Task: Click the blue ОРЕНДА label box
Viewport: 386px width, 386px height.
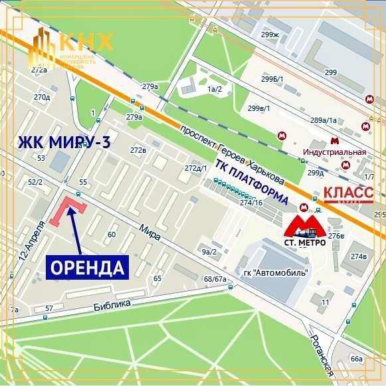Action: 87,268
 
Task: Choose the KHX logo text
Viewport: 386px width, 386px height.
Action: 86,41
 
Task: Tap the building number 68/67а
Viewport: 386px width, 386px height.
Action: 215,279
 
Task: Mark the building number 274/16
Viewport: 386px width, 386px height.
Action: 252,203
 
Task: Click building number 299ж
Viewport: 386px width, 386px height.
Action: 270,35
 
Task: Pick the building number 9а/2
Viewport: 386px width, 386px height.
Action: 209,252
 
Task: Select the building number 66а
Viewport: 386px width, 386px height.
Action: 357,359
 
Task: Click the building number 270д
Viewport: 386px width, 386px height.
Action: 42,97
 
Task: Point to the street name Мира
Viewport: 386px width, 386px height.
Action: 149,231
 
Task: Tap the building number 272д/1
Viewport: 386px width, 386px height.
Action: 196,167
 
